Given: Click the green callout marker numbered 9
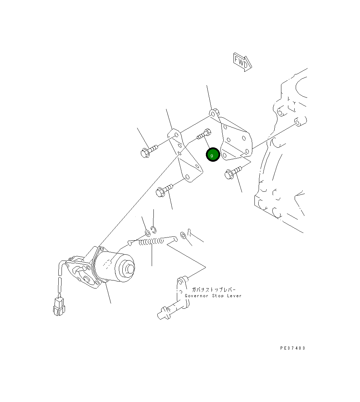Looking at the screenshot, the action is click(x=213, y=155).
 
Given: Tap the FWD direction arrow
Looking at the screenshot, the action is click(x=243, y=62).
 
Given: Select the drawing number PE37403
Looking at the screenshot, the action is click(x=293, y=348).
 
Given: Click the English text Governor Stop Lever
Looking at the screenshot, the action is click(x=213, y=295).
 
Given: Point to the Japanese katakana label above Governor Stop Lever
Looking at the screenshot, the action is click(x=214, y=290).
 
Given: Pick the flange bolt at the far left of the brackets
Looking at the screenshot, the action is click(x=149, y=151).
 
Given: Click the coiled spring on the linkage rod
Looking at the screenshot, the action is click(x=151, y=241).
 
